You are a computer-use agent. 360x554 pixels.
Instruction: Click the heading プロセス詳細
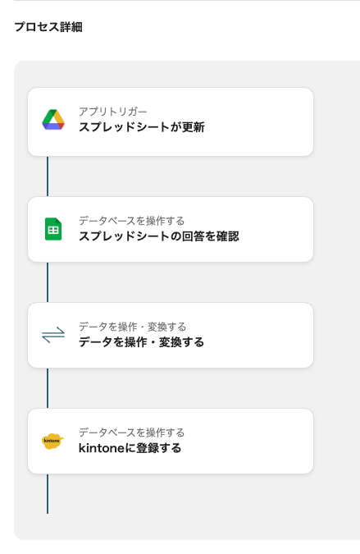coord(48,27)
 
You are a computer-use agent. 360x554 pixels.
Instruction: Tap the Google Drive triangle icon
coord(53,120)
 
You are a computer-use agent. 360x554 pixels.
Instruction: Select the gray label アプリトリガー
coord(112,112)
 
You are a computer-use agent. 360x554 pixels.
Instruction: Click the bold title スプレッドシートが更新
coord(142,127)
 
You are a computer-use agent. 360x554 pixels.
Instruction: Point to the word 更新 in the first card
coord(194,127)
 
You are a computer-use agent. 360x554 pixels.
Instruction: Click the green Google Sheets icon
coord(53,229)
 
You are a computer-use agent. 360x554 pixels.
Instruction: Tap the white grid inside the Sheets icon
coord(53,231)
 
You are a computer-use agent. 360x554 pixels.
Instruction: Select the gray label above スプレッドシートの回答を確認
coord(131,221)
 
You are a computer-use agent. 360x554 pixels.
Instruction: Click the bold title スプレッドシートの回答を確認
coord(159,236)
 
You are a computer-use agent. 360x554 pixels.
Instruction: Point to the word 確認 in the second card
coord(228,236)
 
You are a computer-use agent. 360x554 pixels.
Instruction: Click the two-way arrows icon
coord(53,335)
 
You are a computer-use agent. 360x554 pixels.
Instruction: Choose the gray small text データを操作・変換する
coord(132,327)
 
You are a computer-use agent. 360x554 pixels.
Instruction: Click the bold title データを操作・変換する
coord(141,342)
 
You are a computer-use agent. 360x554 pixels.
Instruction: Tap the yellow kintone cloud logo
coord(53,441)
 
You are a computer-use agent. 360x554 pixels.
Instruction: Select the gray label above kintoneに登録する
coord(131,433)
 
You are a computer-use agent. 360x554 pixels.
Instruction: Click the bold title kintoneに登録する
coord(130,448)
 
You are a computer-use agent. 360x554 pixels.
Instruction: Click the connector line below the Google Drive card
coord(48,176)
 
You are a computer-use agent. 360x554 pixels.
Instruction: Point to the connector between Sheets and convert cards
coord(48,282)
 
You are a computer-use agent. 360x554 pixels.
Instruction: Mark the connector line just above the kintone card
coord(48,388)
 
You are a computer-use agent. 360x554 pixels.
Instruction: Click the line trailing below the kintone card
coord(48,493)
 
